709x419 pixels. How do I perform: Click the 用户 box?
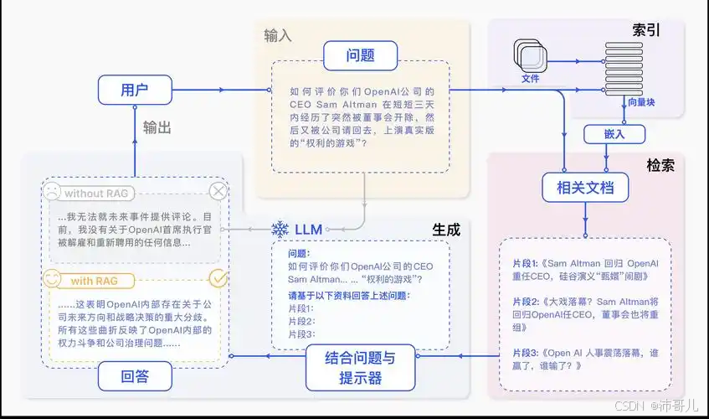[x=134, y=90]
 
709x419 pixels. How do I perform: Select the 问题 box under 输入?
[x=359, y=56]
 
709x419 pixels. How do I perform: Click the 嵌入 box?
[x=603, y=133]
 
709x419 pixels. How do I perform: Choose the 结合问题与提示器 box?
[x=360, y=367]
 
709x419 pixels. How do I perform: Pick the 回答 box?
[x=135, y=376]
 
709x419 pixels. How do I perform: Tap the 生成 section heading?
[x=446, y=229]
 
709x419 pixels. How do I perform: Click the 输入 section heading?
[x=279, y=35]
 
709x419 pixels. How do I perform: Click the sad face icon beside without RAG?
[x=52, y=193]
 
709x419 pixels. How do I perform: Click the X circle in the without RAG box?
[x=218, y=192]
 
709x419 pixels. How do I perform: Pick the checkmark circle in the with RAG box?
[x=218, y=278]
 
